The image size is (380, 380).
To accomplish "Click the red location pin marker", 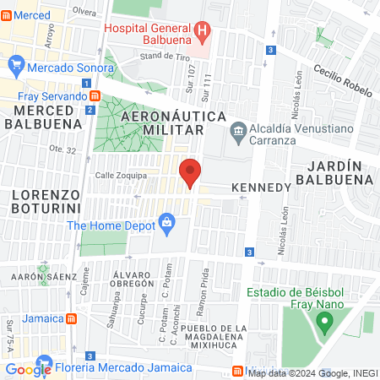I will click(x=190, y=172).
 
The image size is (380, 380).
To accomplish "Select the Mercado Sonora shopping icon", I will click(x=16, y=66).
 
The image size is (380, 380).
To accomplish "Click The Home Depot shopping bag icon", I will click(x=167, y=224).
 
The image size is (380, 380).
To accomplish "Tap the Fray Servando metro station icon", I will click(x=95, y=96).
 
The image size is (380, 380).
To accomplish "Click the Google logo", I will click(x=29, y=369).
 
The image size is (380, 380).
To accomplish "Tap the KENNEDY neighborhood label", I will click(x=260, y=185).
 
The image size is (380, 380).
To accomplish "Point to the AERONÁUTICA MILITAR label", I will click(x=161, y=122).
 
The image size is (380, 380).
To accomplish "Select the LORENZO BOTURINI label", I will click(x=46, y=200).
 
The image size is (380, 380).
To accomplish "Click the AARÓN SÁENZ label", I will click(x=37, y=276).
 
